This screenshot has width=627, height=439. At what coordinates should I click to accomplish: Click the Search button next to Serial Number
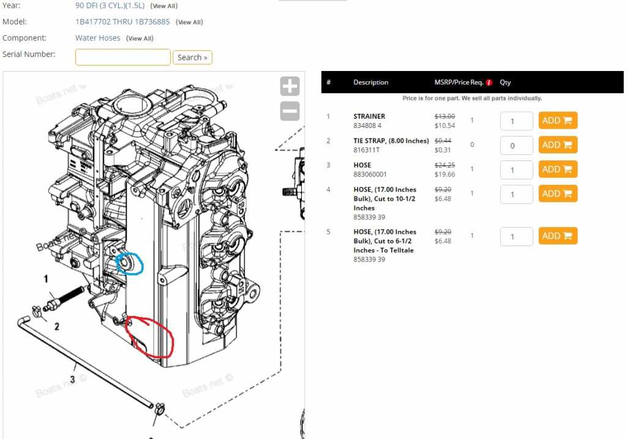click(x=192, y=57)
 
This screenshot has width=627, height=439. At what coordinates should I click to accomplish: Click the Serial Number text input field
click(x=122, y=57)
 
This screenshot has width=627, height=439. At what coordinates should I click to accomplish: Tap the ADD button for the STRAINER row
click(x=558, y=121)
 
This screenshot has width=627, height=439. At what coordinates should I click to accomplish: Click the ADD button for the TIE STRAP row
click(x=558, y=144)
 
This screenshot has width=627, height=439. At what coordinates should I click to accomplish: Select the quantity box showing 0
click(x=516, y=146)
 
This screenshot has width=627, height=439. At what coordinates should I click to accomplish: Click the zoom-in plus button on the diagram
click(x=290, y=86)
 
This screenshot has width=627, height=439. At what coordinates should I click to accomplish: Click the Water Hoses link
click(x=97, y=38)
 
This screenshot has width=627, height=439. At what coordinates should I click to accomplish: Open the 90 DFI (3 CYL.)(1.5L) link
click(x=110, y=6)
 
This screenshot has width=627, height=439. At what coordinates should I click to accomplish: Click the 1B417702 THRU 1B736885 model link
click(x=122, y=21)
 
